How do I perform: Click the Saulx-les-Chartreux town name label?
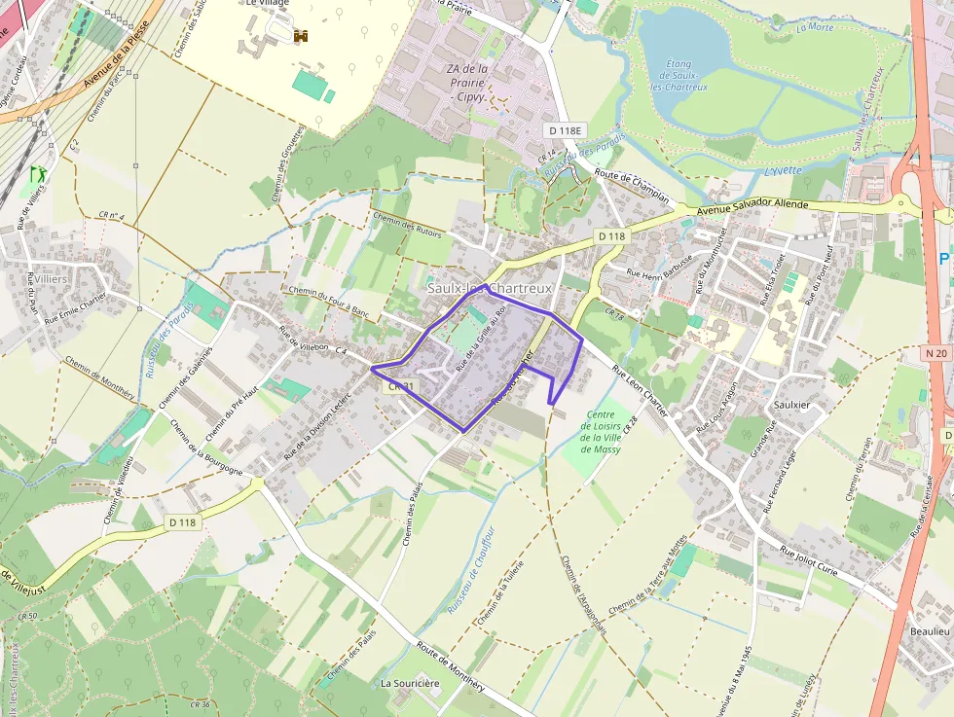tap(490, 289)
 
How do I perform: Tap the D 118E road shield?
tap(565, 130)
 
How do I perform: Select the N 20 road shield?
tap(936, 353)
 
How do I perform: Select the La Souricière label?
tap(410, 684)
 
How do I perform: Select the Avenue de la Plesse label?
tap(117, 56)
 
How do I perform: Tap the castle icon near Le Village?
tap(301, 37)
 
